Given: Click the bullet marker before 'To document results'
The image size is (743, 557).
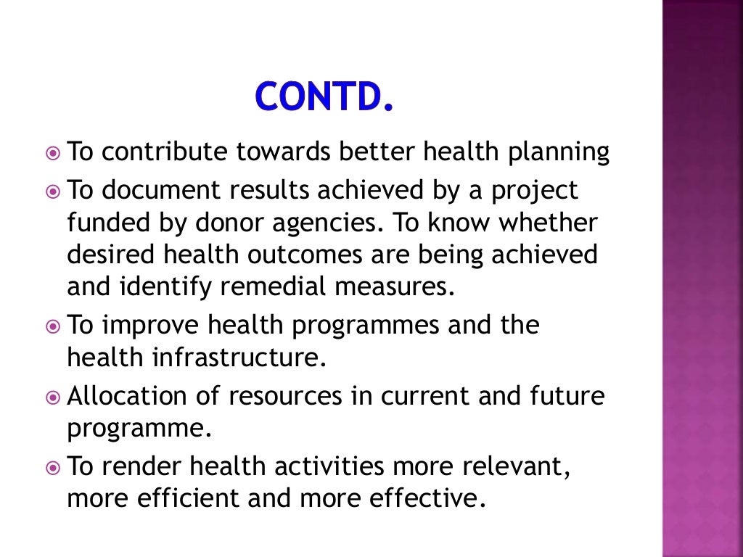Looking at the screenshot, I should click(53, 191).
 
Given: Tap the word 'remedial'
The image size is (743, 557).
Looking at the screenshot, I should click(271, 286).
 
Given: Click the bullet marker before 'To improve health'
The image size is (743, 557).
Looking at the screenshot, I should click(53, 326).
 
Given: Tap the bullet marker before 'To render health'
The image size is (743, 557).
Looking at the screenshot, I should click(53, 467).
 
